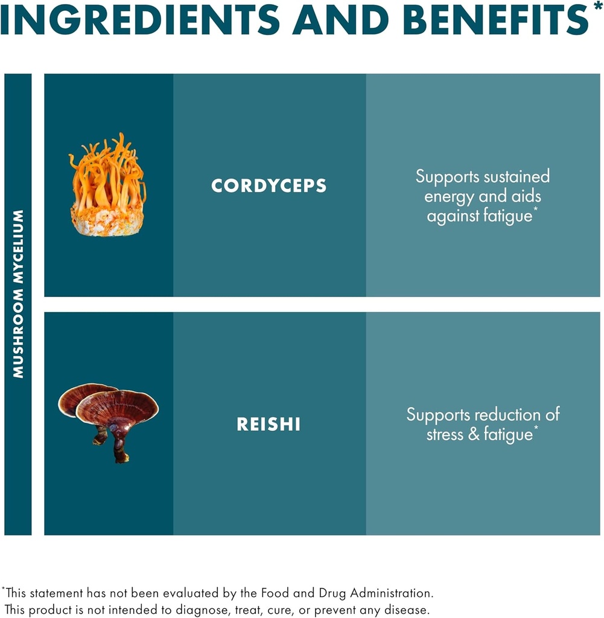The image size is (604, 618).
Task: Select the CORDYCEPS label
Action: (x=269, y=186)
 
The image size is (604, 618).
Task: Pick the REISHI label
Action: (x=269, y=424)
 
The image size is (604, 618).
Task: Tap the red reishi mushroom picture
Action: (x=109, y=416)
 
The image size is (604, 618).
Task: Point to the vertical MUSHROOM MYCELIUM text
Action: (x=18, y=294)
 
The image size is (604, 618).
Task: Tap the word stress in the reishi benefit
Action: (x=445, y=435)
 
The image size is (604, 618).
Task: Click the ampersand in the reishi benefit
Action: (x=474, y=435)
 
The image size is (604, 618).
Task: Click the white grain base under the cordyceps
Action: (x=107, y=221)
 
